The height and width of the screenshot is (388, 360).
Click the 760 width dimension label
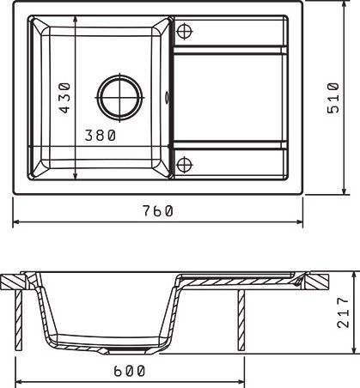[x=158, y=211]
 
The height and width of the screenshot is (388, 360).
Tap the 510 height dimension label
[x=333, y=98]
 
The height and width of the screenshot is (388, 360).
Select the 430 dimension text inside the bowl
[x=64, y=98]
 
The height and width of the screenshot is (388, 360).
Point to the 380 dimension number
[x=101, y=135]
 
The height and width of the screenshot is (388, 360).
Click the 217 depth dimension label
[x=343, y=312]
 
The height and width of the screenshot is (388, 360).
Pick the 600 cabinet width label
[x=130, y=371]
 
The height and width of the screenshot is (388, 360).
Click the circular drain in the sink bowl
[x=119, y=98]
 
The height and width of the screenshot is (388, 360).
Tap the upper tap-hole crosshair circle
[x=184, y=31]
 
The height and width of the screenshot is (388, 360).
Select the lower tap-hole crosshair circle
[x=184, y=165]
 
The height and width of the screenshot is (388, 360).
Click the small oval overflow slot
[x=167, y=98]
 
